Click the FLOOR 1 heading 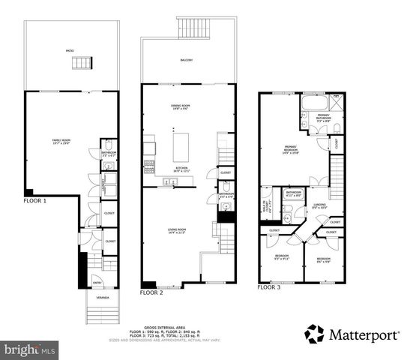pos(34,201)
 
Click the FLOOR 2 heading pos(151,292)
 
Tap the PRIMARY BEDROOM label pos(292,148)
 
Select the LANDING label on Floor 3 pos(319,206)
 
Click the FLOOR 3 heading pos(269,287)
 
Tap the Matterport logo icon pos(315,333)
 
